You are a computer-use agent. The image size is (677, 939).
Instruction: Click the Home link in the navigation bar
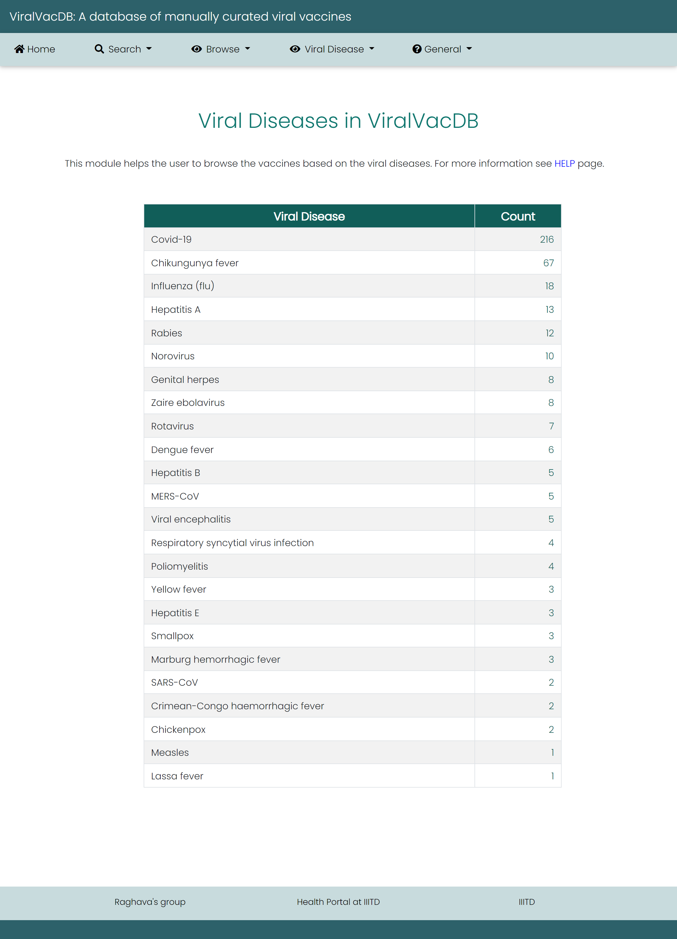coord(35,49)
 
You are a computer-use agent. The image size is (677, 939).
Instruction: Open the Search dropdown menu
coord(123,49)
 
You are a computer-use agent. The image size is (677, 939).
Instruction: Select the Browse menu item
coord(221,49)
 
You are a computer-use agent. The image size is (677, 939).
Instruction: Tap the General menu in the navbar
coord(442,49)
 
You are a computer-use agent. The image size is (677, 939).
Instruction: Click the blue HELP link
coord(564,163)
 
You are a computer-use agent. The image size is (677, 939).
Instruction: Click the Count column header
coord(518,216)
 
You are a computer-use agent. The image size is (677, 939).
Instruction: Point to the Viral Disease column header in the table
coord(309,216)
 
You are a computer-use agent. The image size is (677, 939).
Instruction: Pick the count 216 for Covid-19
coord(546,239)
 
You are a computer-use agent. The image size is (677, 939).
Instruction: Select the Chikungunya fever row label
coord(195,263)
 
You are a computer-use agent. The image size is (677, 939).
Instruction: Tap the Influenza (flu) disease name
coord(182,286)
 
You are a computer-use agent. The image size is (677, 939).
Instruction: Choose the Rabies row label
coord(166,333)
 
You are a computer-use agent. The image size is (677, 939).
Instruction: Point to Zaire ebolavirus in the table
coord(187,403)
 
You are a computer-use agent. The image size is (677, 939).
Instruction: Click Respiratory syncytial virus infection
coord(232,543)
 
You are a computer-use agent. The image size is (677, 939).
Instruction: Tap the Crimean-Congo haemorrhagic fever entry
coord(237,706)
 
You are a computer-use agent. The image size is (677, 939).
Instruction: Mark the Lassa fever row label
coord(177,776)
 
